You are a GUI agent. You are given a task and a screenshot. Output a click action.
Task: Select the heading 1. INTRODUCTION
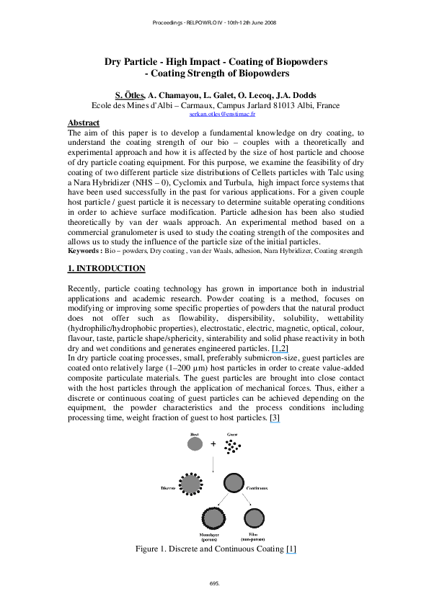point(106,269)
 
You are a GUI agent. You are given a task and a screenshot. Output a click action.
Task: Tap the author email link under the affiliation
point(215,114)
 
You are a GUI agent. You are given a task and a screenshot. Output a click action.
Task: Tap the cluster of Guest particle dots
point(231,448)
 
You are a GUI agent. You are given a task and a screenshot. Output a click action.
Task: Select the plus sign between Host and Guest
point(213,444)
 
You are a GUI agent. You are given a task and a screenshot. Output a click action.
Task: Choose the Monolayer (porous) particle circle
point(213,518)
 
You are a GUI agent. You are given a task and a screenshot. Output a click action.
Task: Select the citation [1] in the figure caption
point(291,549)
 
